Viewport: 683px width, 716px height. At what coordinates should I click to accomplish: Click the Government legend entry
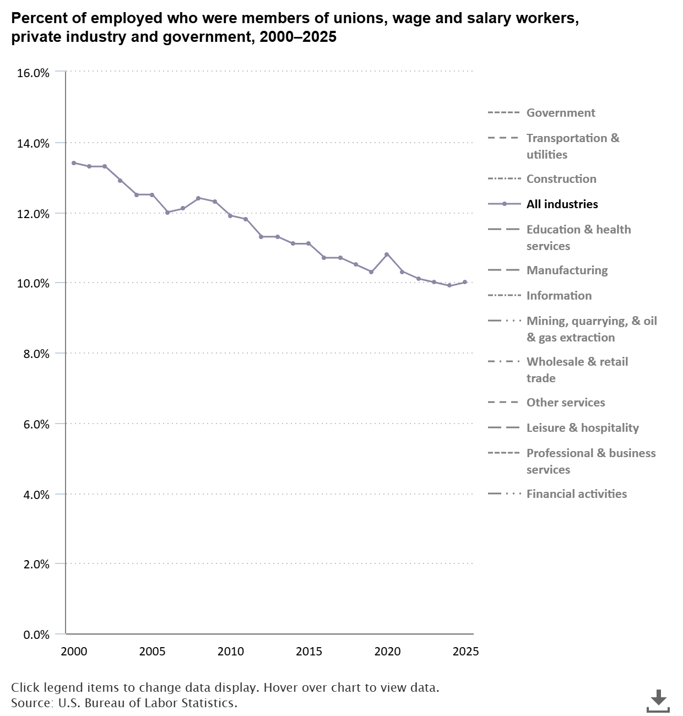coord(560,113)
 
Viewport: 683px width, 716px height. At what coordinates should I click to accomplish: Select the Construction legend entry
coord(561,179)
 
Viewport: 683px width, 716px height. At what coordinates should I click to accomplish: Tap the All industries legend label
coord(562,204)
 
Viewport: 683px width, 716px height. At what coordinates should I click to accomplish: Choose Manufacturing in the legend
coord(567,270)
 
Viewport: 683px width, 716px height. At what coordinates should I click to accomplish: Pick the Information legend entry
coord(559,296)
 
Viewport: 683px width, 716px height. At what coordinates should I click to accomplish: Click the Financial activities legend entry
coord(576,494)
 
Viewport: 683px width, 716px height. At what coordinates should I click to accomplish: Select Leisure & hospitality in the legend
coord(582,428)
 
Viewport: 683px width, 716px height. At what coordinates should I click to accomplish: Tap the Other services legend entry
coord(565,403)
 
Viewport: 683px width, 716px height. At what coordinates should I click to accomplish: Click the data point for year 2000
coord(74,163)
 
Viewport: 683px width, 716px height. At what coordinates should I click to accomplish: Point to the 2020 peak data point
coord(387,254)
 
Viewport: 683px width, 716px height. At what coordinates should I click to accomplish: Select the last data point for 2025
coord(465,282)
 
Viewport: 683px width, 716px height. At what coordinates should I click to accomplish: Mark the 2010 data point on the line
coord(230,215)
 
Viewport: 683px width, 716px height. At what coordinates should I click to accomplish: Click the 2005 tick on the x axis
coord(152,652)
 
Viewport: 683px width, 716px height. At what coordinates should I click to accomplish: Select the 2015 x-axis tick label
coord(308,652)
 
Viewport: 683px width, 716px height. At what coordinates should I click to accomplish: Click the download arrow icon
coord(658,699)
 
